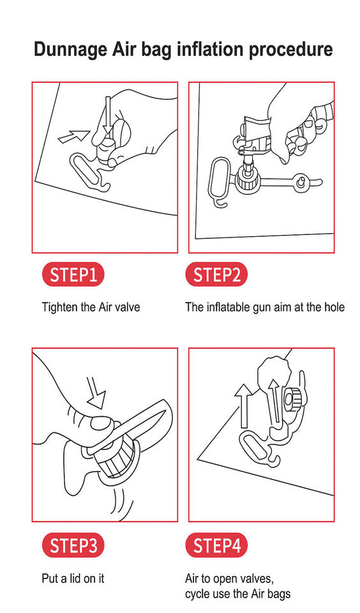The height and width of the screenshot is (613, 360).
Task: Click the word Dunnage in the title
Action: point(70,50)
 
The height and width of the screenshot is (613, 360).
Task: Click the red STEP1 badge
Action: point(73,275)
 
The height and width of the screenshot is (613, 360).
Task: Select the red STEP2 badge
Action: point(216,275)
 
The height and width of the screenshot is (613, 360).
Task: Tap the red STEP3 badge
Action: point(73,545)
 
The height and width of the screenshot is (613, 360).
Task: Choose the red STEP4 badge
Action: point(216,545)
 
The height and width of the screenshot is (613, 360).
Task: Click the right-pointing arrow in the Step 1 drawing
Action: point(73,136)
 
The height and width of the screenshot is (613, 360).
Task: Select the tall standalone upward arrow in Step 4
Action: point(244,405)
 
